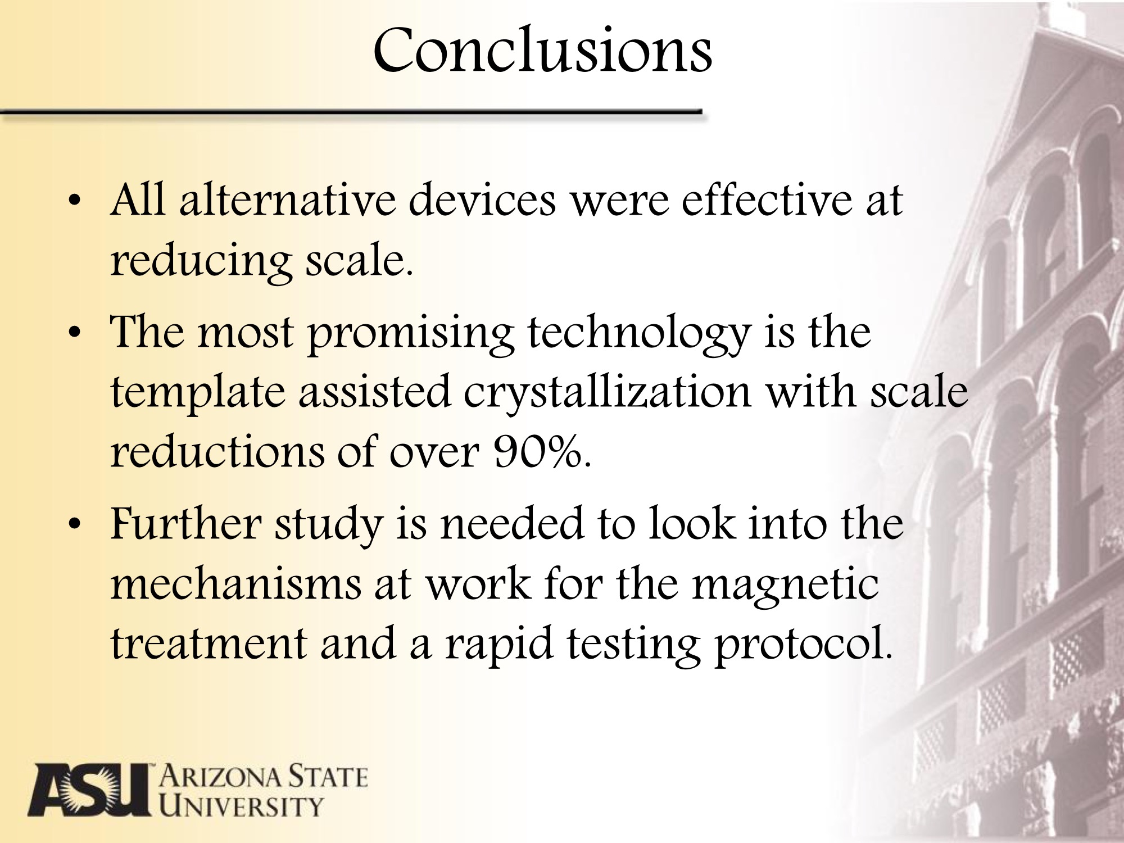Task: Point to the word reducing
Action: (201, 262)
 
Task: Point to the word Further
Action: (185, 523)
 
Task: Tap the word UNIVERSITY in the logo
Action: (242, 806)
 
